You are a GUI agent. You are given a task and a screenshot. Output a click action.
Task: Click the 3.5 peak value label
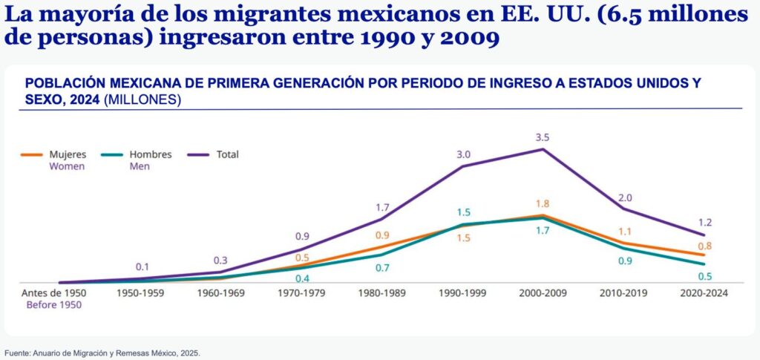[x=543, y=137]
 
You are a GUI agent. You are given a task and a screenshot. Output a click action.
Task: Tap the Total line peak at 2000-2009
[x=543, y=149]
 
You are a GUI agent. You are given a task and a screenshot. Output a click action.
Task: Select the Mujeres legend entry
[x=67, y=154]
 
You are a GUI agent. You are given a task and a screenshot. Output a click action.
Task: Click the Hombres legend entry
[x=150, y=154]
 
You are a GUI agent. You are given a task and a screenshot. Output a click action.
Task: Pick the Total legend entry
[x=226, y=154]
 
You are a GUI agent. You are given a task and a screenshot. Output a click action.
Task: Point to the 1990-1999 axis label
[x=463, y=293]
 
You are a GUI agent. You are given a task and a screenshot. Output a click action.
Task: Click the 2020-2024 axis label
[x=704, y=293]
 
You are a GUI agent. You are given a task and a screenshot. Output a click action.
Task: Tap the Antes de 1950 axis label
[x=53, y=293]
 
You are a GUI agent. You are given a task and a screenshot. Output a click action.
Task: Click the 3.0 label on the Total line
[x=463, y=154]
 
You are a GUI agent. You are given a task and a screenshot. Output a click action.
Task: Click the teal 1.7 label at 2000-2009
[x=543, y=231]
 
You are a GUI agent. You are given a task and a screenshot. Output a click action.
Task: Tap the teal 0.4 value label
[x=303, y=278]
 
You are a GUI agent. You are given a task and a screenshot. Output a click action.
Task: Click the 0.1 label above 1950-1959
[x=142, y=266]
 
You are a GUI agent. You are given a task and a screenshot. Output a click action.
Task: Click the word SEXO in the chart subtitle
[x=45, y=99]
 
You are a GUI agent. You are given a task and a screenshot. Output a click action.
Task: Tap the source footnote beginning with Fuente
[x=102, y=353]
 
